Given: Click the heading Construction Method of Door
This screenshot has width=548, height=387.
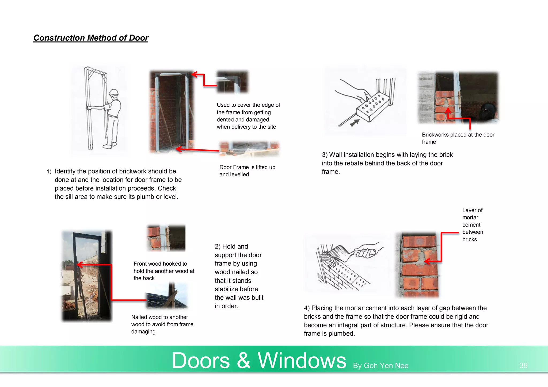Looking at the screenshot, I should [x=91, y=38].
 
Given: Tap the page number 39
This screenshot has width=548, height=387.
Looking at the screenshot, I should [x=523, y=365].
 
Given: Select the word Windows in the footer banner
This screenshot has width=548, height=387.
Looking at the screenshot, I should [x=302, y=361].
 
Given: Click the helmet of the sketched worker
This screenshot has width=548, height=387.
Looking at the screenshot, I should [x=114, y=92].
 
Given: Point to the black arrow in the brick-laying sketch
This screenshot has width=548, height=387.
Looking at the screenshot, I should [x=355, y=123].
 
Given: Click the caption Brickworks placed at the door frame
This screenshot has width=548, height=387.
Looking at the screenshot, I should [x=458, y=138].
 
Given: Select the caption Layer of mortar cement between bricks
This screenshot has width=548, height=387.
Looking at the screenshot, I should [x=472, y=225].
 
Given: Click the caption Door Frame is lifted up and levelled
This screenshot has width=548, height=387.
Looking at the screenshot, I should [x=247, y=171].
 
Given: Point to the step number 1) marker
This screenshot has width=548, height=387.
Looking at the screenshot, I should [x=49, y=172].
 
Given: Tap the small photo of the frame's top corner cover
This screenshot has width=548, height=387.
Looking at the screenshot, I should [x=232, y=82].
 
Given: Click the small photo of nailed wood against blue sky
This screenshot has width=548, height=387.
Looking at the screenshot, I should [x=166, y=296].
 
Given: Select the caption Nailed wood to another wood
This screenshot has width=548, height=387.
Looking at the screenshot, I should [x=162, y=324].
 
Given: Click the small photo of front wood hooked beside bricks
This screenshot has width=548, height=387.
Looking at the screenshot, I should [x=166, y=238].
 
